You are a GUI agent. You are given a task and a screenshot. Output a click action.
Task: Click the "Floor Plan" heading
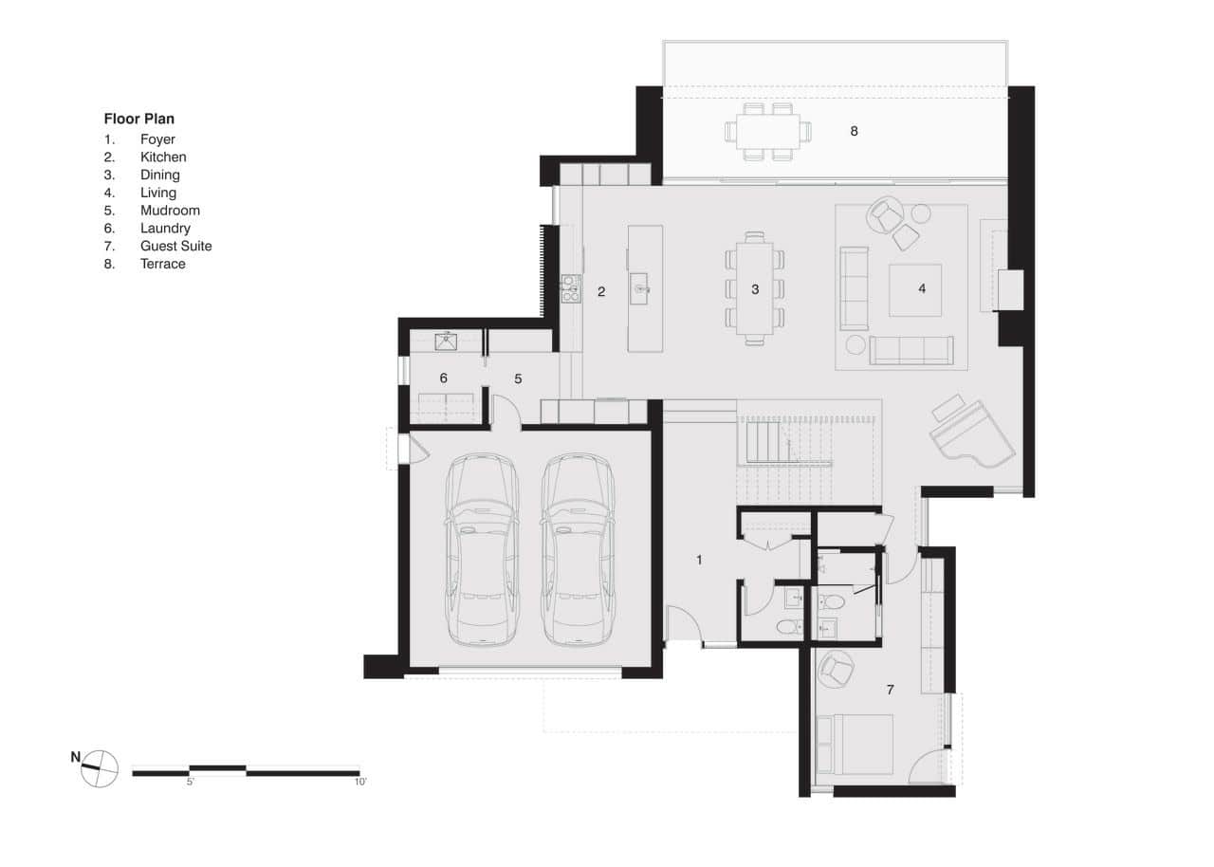pyautogui.click(x=138, y=120)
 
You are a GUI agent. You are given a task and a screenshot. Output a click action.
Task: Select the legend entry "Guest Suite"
pyautogui.click(x=175, y=246)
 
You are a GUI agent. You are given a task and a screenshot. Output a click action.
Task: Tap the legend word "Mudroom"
pyautogui.click(x=170, y=211)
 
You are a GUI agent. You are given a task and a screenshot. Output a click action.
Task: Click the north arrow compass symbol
pyautogui.click(x=100, y=767)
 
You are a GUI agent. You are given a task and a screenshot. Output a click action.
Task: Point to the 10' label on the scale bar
pyautogui.click(x=359, y=783)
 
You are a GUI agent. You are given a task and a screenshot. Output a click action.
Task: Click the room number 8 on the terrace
pyautogui.click(x=854, y=131)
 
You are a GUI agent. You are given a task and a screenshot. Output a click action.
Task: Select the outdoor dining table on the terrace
pyautogui.click(x=768, y=131)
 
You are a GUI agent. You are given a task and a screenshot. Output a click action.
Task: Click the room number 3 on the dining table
pyautogui.click(x=755, y=289)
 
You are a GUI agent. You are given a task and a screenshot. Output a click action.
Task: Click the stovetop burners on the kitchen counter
pyautogui.click(x=570, y=287)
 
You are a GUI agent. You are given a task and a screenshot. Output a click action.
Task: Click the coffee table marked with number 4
pyautogui.click(x=915, y=289)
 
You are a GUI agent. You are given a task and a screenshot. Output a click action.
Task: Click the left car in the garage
pyautogui.click(x=483, y=550)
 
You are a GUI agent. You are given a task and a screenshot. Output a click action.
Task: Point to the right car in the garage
pyautogui.click(x=578, y=550)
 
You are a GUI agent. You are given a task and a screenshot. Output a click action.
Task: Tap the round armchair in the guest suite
pyautogui.click(x=837, y=669)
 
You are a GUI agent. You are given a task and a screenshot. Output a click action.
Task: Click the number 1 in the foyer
pyautogui.click(x=699, y=560)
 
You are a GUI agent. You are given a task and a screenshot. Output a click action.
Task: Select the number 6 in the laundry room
pyautogui.click(x=443, y=378)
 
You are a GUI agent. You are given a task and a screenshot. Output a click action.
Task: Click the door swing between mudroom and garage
pyautogui.click(x=506, y=413)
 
